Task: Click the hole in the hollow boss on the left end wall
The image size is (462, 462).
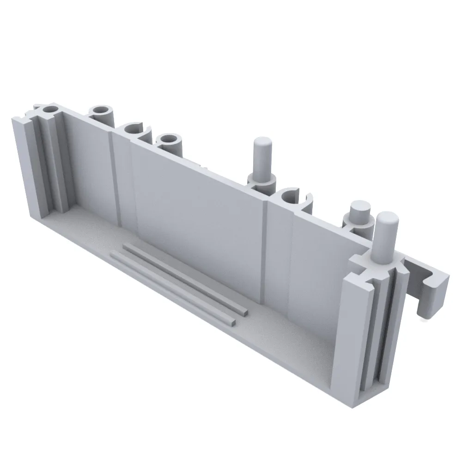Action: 50,110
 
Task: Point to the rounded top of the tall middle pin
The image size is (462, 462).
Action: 262,141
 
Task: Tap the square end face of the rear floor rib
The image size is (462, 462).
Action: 243,312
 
